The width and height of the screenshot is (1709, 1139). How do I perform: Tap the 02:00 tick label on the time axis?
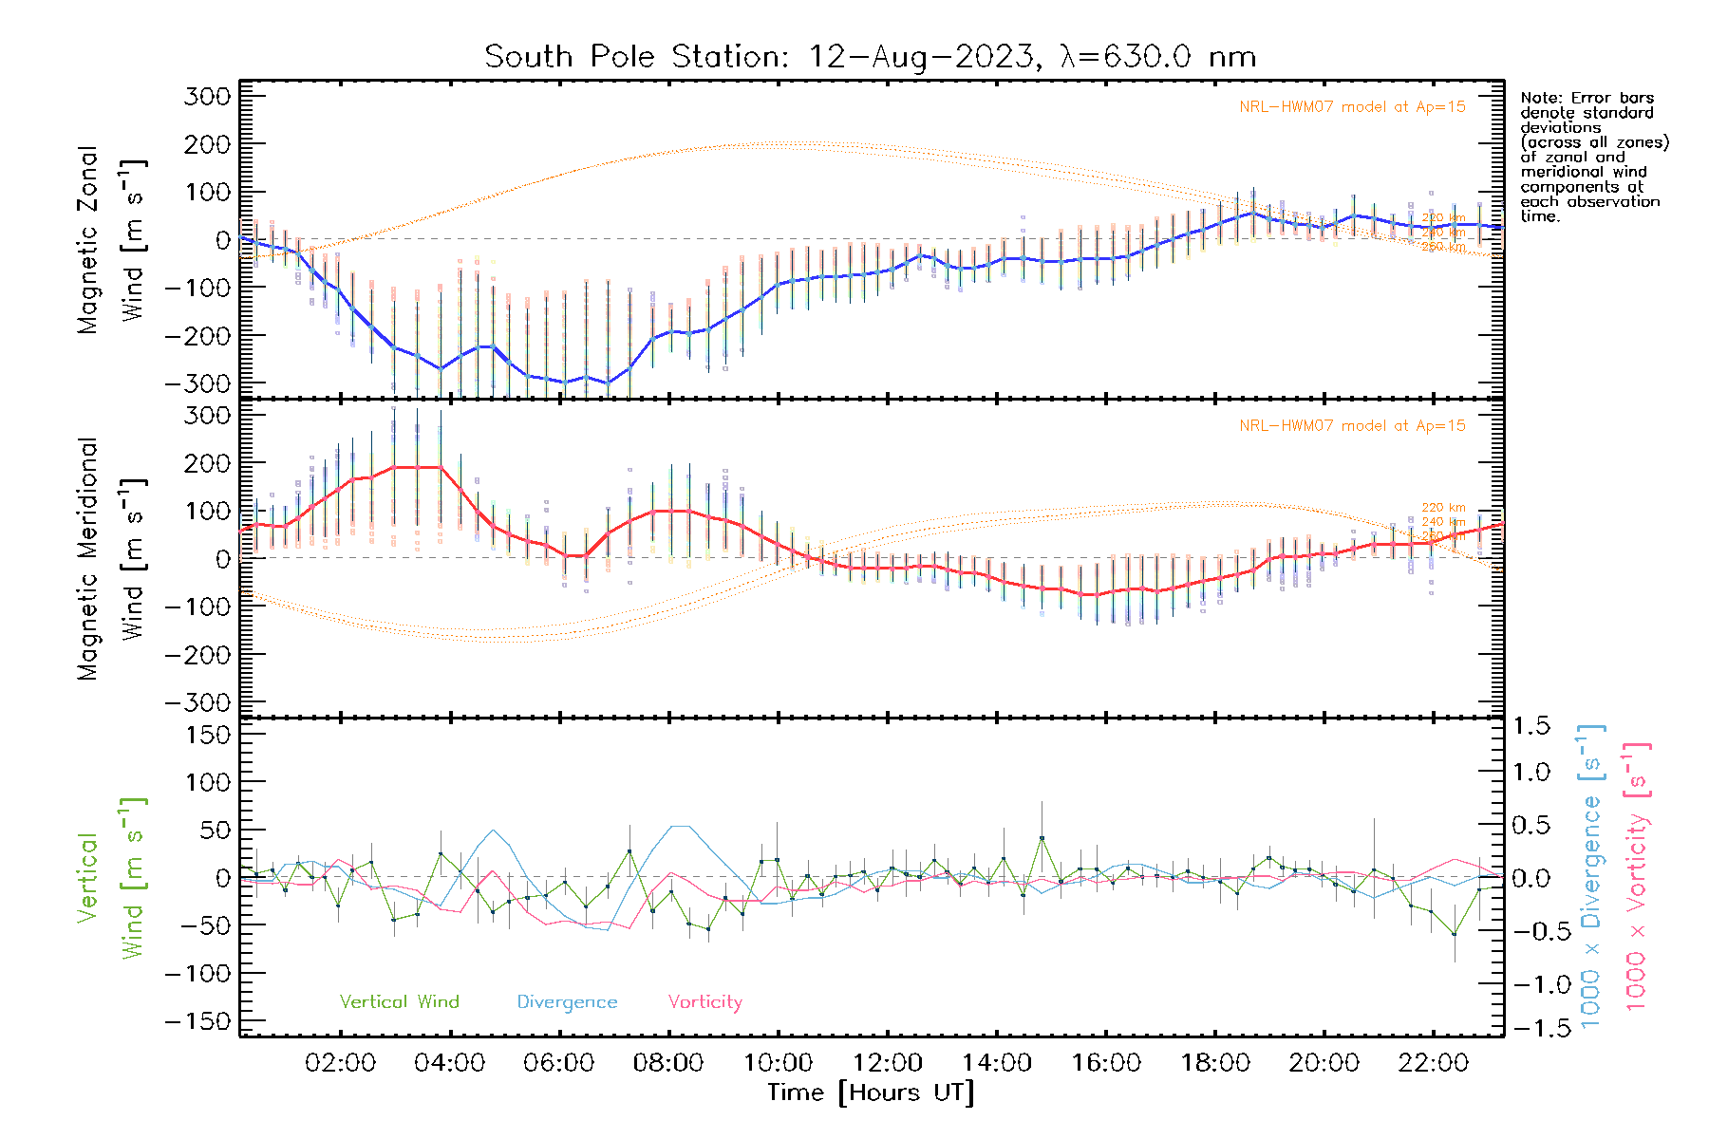point(340,1062)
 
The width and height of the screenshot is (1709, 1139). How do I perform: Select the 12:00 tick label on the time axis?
point(887,1062)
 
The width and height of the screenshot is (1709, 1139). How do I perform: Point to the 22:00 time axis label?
point(1434,1062)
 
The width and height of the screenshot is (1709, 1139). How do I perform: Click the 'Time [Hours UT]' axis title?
point(871,1092)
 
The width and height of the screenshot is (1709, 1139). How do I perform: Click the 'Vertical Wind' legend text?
point(399,1001)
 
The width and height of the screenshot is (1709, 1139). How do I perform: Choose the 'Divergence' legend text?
point(567,1001)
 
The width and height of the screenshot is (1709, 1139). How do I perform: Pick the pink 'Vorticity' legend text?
point(704,1001)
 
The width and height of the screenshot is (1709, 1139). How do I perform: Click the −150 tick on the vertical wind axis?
point(197,1021)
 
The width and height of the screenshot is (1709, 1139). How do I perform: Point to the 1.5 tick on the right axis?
point(1531,726)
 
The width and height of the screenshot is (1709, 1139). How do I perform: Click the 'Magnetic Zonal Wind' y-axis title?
point(111,239)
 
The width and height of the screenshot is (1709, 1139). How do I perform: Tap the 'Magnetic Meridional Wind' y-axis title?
point(111,558)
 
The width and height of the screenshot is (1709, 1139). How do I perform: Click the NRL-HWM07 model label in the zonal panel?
point(1352,107)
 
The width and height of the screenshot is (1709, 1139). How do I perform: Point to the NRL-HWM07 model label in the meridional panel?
point(1352,426)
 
